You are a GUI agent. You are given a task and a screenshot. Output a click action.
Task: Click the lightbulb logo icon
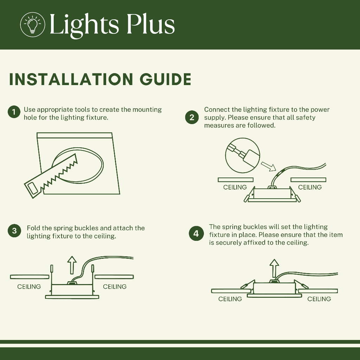(x=32, y=24)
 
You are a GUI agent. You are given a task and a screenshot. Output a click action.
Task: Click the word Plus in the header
(x=150, y=24)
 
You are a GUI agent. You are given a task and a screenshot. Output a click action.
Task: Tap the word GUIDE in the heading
(x=165, y=79)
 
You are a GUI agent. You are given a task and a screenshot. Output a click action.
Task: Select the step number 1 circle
(x=14, y=112)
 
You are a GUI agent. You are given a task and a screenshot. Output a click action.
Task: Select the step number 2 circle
(x=192, y=117)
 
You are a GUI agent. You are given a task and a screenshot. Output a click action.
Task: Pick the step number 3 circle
(x=14, y=231)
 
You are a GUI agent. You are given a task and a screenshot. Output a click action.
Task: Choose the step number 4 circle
(x=196, y=233)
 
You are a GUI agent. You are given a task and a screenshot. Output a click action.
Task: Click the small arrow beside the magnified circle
(x=268, y=166)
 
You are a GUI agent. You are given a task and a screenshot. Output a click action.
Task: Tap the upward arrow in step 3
(x=72, y=265)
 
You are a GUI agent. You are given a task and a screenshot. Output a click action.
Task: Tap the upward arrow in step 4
(x=274, y=268)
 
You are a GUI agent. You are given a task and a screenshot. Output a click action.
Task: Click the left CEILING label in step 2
(x=235, y=187)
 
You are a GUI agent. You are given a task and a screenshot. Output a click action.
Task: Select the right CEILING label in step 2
(x=310, y=187)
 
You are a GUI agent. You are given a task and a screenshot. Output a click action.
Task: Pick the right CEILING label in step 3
(x=115, y=287)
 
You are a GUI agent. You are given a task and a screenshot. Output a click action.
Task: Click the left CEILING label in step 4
(x=230, y=299)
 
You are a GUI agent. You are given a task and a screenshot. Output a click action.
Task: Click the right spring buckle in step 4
(x=301, y=284)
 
